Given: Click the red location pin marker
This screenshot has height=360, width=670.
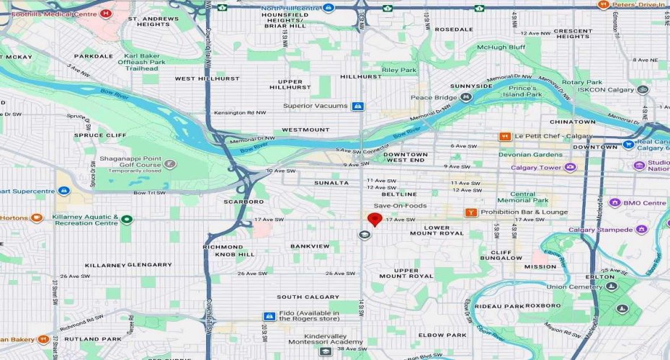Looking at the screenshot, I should click(374, 220).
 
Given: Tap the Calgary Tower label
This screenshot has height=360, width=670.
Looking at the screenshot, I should click(535, 168).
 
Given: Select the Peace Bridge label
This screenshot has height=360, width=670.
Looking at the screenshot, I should click(432, 97).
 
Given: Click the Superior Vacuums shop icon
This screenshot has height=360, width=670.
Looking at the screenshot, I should click(357, 106).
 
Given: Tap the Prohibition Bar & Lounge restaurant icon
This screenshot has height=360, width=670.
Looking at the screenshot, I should click(470, 212).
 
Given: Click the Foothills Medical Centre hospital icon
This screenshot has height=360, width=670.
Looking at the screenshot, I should click(107, 13).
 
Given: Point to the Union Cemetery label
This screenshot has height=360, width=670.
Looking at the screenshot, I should click(573, 287).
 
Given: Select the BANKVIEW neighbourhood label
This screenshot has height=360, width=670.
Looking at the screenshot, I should click(310, 246).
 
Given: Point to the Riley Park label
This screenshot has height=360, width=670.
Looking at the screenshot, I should click(400, 70).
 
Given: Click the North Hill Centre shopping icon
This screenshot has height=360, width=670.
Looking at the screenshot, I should click(329, 8).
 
